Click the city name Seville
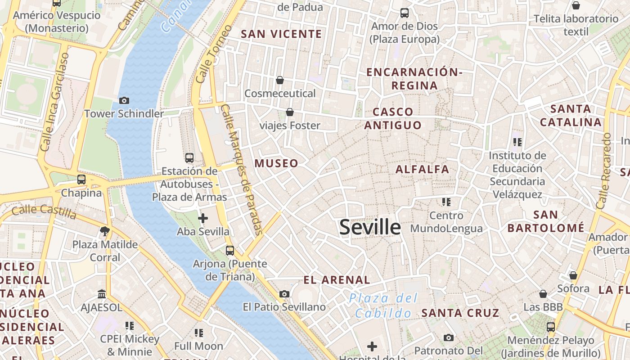point(370,227)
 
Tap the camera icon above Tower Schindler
point(124,100)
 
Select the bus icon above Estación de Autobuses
point(189,158)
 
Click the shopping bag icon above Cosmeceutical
point(280,80)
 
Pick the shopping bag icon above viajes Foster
point(290,112)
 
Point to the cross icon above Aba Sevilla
point(203,218)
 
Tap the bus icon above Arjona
point(230,251)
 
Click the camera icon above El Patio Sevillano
point(284,294)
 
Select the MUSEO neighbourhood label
point(277,163)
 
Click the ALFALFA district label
point(422,170)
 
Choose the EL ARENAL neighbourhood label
point(337,280)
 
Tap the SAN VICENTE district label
point(281,34)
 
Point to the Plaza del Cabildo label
point(383,306)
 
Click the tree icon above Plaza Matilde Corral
point(105,231)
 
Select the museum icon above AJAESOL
point(102,294)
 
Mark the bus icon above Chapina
point(81,180)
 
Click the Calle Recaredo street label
point(604,171)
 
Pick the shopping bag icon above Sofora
point(573,275)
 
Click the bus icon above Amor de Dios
point(405,13)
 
